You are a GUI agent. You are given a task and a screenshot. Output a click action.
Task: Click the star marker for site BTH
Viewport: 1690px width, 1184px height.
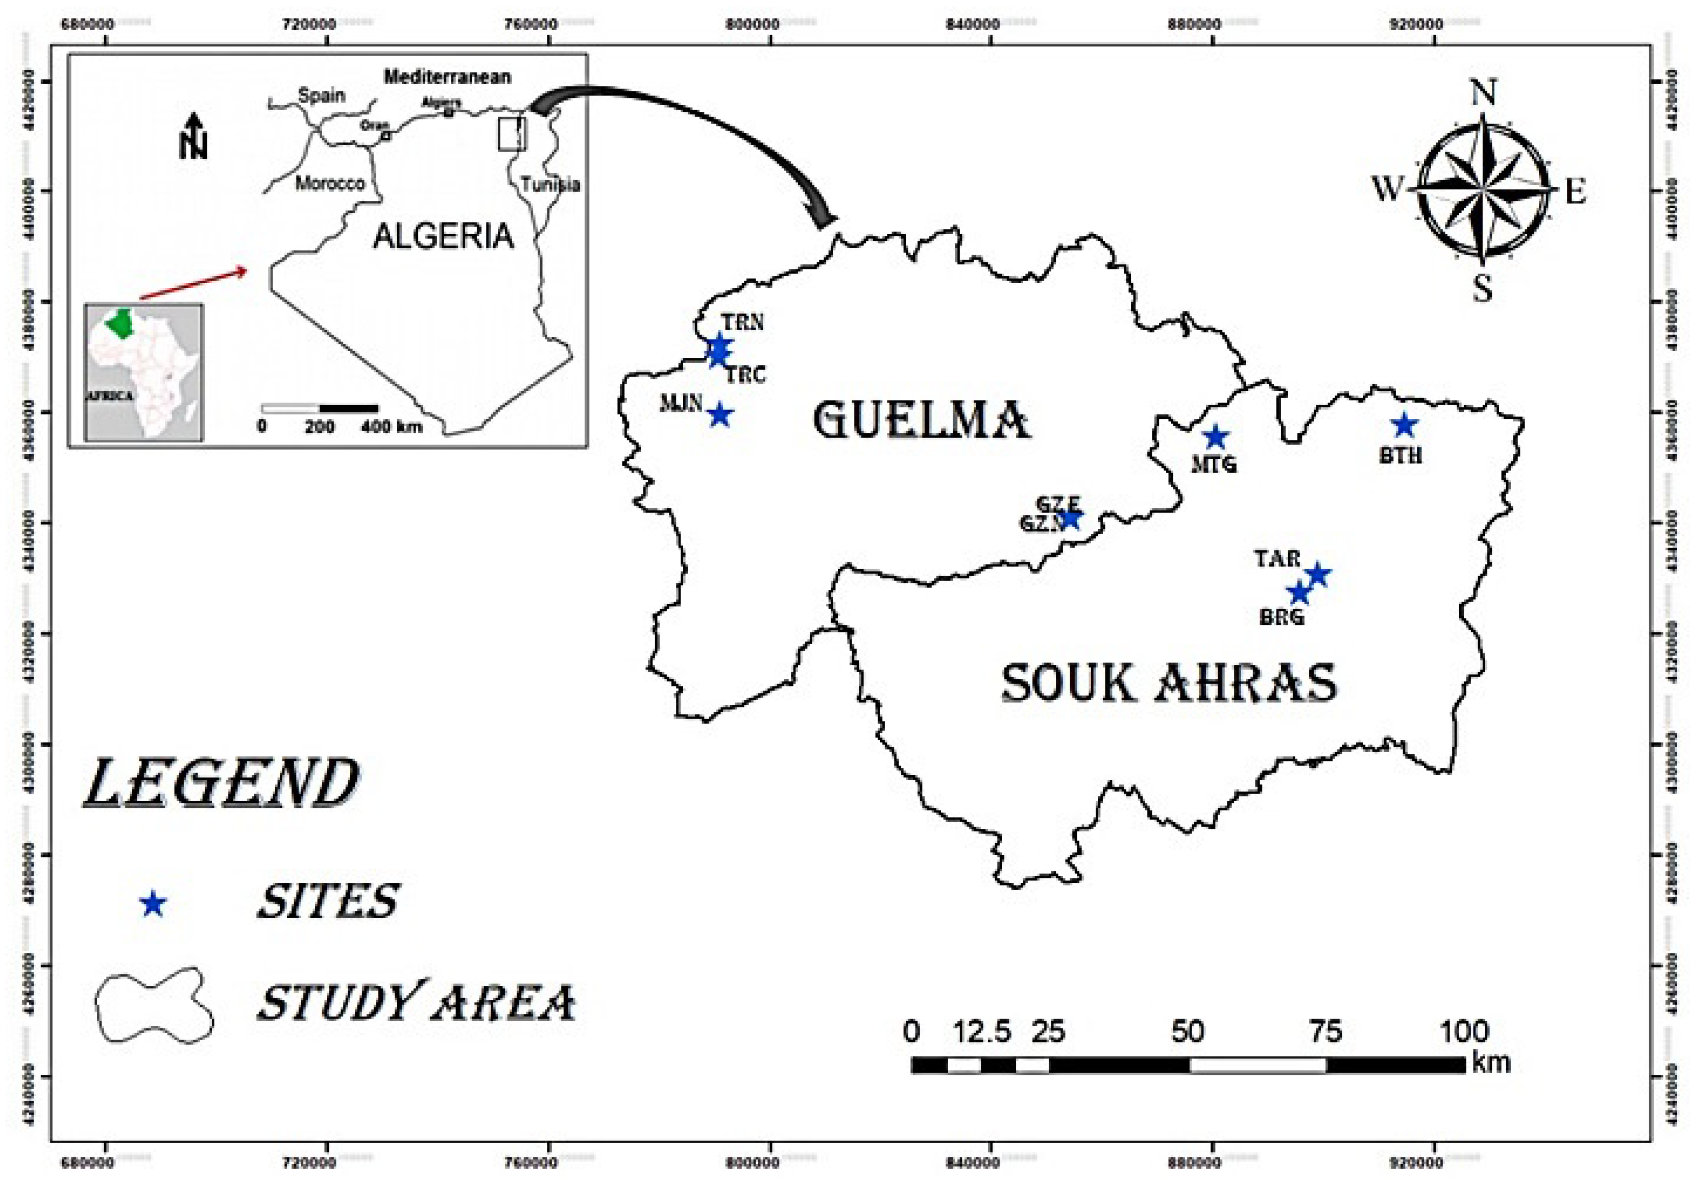(x=1405, y=425)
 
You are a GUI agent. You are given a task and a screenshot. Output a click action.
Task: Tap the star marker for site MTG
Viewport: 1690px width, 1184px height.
(x=1216, y=437)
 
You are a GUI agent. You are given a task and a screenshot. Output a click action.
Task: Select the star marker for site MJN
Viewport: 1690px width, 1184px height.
(x=720, y=414)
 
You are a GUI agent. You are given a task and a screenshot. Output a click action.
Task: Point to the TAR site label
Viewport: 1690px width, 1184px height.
(x=1278, y=559)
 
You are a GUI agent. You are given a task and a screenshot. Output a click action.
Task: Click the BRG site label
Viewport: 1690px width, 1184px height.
(x=1282, y=616)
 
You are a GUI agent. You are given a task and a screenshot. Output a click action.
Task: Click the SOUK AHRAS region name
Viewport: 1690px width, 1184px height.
(x=1169, y=683)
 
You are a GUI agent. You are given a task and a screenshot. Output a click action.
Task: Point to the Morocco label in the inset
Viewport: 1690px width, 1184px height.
(x=330, y=183)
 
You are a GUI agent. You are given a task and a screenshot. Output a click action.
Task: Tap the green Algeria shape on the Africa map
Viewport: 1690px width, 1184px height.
(x=117, y=324)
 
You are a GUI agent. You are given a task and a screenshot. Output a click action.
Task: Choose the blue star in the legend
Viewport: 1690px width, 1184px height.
(x=152, y=904)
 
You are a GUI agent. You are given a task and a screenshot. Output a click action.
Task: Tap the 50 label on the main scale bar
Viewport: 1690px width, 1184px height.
(x=1188, y=1032)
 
